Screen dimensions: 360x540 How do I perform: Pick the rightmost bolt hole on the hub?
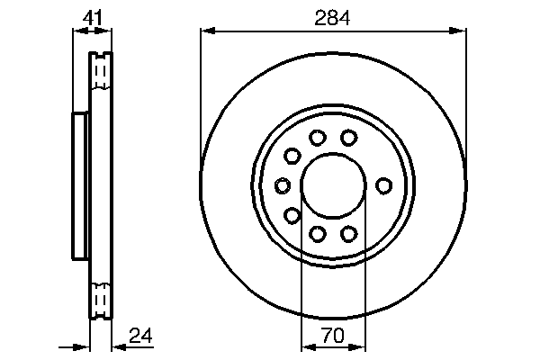pyautogui.click(x=383, y=185)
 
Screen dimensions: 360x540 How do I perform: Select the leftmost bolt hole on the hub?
pyautogui.click(x=282, y=185)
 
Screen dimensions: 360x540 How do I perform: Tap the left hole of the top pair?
pyautogui.click(x=317, y=138)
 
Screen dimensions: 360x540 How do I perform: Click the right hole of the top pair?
pyautogui.click(x=348, y=138)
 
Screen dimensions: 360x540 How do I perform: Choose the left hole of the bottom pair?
pyautogui.click(x=317, y=234)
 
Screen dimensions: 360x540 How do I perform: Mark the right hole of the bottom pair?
pyautogui.click(x=348, y=234)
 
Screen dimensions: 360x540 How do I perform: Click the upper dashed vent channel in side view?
pyautogui.click(x=102, y=72)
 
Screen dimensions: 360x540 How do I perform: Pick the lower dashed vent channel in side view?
pyautogui.click(x=102, y=299)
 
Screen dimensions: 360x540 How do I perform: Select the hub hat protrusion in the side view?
pyautogui.click(x=79, y=185)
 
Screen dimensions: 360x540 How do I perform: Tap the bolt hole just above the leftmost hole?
pyautogui.click(x=292, y=156)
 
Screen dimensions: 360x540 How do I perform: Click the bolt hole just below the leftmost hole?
pyautogui.click(x=292, y=215)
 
